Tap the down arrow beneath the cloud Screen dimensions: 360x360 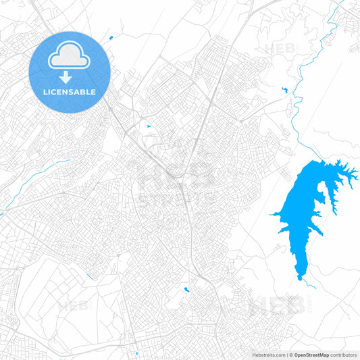(x=70, y=77)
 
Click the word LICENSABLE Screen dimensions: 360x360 (x=70, y=92)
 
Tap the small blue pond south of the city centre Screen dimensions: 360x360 (x=186, y=290)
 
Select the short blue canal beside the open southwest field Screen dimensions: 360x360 (x=91, y=275)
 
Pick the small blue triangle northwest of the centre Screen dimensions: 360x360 (x=148, y=126)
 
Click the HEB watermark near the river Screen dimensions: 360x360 (x=280, y=49)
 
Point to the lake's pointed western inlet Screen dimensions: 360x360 (x=274, y=215)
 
